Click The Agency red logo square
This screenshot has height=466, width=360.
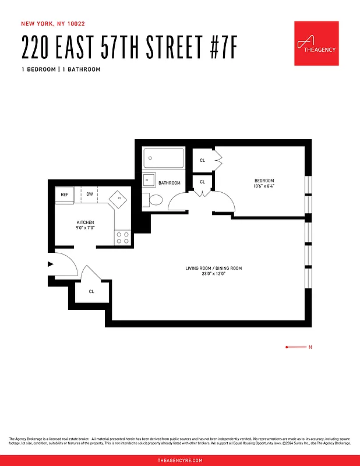(x=316, y=44)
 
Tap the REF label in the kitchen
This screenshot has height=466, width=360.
(x=64, y=195)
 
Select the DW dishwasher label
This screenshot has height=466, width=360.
(x=90, y=194)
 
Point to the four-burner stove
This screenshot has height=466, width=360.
(x=122, y=238)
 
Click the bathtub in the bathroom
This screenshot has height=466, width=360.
(x=164, y=157)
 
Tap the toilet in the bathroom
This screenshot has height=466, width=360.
(x=154, y=200)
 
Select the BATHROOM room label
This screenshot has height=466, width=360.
(x=170, y=183)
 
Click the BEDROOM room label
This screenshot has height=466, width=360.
(x=264, y=181)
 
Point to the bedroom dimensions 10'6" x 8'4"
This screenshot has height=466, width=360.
(x=264, y=186)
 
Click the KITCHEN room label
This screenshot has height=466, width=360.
(x=85, y=223)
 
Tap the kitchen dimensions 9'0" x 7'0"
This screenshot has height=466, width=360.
(x=85, y=228)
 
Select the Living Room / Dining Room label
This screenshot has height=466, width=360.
(x=213, y=268)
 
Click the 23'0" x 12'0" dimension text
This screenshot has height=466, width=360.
(x=213, y=273)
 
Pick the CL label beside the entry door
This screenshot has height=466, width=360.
(x=91, y=291)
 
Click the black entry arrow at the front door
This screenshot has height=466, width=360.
(x=50, y=263)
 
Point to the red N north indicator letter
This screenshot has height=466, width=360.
(x=310, y=347)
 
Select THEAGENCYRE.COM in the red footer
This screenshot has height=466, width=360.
(x=180, y=460)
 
